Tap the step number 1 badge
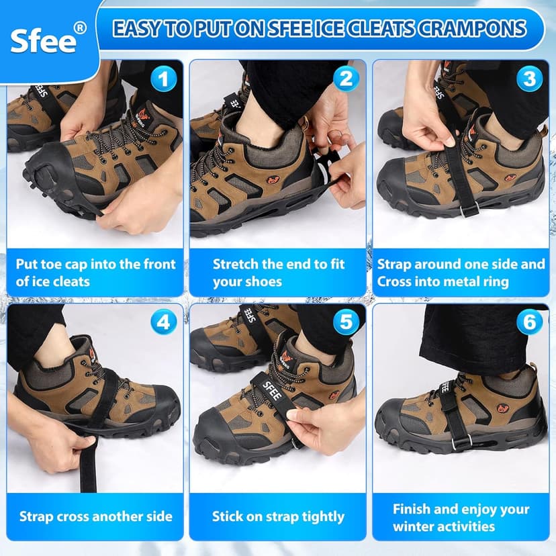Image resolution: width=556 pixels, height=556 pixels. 162,79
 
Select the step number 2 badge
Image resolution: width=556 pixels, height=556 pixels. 345,79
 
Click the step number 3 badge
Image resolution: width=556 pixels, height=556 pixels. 529,79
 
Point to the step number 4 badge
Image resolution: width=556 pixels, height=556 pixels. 162,322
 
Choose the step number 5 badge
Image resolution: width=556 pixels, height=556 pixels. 345,322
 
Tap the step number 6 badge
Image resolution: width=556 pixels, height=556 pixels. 529,322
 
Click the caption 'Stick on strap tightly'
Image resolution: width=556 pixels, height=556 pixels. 278,516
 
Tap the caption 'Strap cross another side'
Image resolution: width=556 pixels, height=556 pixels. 95,516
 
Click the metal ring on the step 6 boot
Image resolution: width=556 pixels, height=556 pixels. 459,444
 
